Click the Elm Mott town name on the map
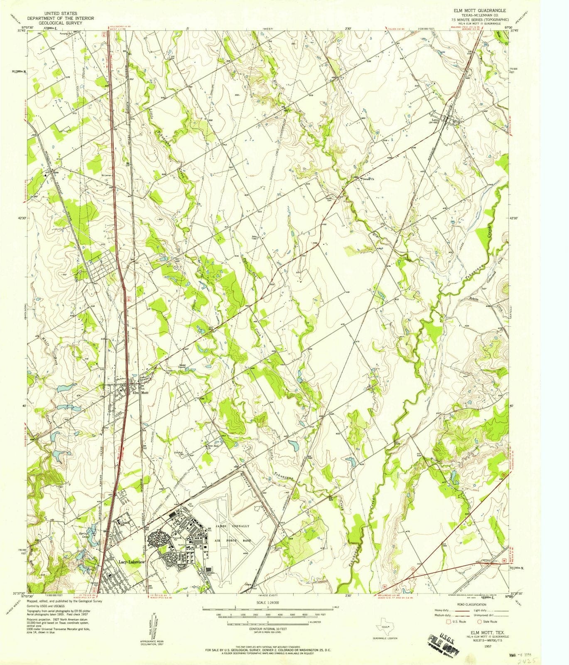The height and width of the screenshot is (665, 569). click(140, 392)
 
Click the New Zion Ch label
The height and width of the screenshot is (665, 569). click(213, 446)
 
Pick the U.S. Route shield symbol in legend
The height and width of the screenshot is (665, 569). click(448, 621)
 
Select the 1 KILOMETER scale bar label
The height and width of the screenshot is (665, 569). click(315, 622)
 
